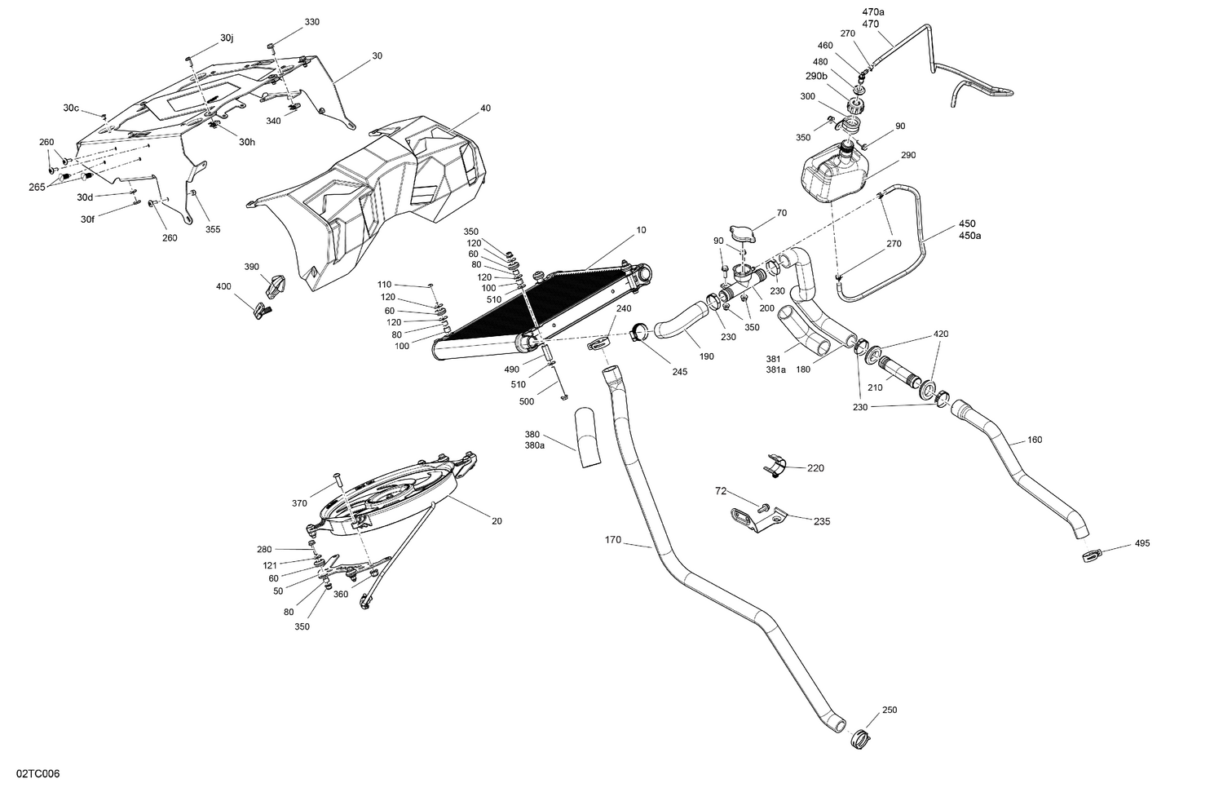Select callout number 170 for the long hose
[613, 539]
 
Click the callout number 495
[1141, 543]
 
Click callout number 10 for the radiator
[641, 230]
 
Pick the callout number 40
[485, 108]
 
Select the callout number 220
[815, 468]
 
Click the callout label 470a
[872, 12]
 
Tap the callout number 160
[1035, 440]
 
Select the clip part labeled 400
[262, 311]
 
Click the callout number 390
[252, 267]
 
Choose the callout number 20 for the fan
[497, 521]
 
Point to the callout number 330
[312, 21]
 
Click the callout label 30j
[226, 38]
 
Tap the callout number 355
[213, 229]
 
